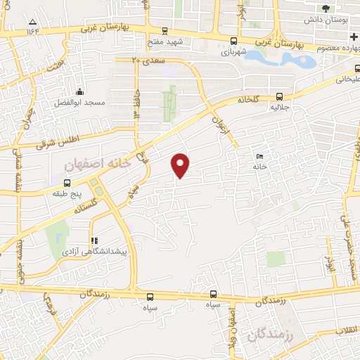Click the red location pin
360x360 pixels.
point(181,165)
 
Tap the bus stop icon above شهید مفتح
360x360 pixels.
point(165,30)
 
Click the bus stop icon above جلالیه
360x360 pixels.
point(280,97)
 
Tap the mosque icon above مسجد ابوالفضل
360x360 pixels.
point(79,91)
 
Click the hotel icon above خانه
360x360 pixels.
point(260,156)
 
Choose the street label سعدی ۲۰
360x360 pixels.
point(145,62)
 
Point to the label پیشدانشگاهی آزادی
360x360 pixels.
point(94,251)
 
